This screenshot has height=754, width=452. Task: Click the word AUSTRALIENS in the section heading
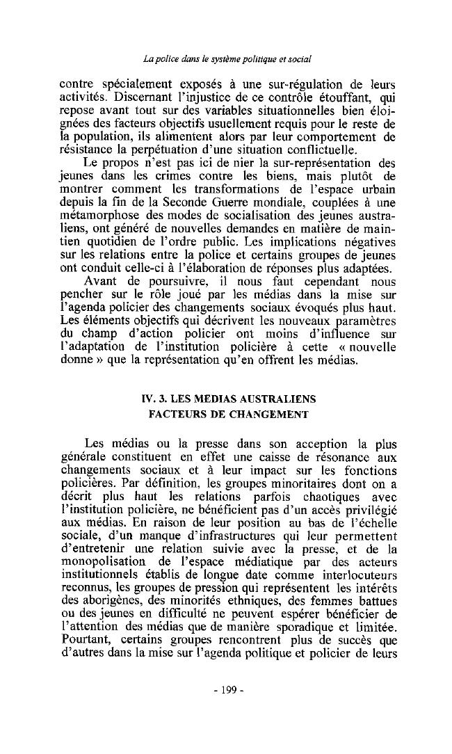278,399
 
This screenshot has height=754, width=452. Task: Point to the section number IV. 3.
154,399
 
